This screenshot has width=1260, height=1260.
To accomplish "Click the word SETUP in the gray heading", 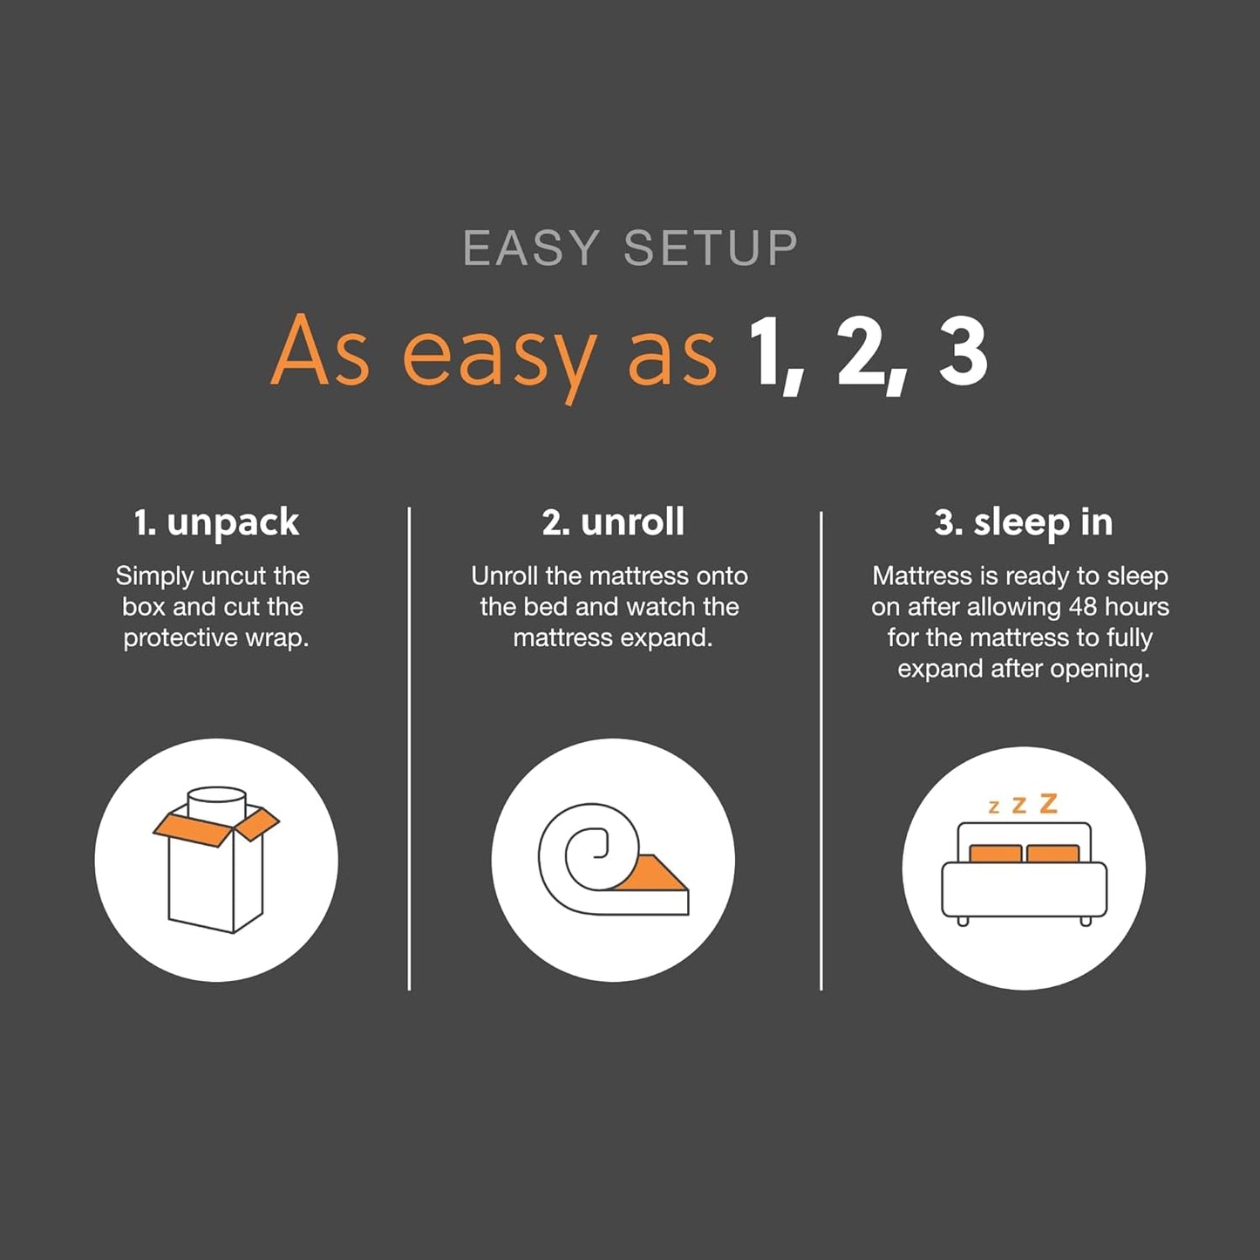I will click(711, 249).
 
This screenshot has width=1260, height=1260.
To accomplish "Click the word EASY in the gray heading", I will click(531, 249).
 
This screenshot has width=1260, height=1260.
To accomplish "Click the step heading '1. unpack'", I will click(216, 522).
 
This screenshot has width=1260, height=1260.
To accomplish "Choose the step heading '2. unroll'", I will click(613, 522).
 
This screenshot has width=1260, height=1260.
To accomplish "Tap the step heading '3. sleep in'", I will click(1024, 522).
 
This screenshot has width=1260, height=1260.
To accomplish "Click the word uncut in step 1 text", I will click(233, 576).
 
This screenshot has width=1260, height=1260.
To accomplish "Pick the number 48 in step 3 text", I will click(1084, 607).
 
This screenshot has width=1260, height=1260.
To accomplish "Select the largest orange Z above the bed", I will click(1049, 803).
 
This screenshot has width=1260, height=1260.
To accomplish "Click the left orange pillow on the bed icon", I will click(995, 853).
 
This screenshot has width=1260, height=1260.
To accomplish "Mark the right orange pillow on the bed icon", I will click(1052, 853).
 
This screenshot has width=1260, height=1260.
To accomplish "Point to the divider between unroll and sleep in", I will click(821, 750).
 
